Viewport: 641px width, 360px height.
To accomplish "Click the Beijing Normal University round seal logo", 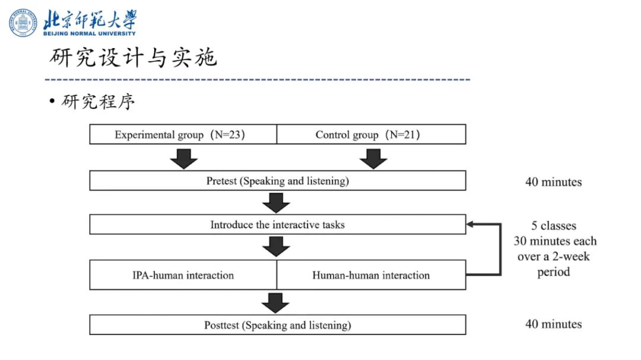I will pyautogui.click(x=23, y=23).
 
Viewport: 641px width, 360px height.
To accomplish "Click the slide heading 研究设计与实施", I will pyautogui.click(x=133, y=58).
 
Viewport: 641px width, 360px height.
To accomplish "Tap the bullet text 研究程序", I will pyautogui.click(x=99, y=102).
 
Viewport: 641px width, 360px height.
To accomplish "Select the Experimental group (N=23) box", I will pyautogui.click(x=183, y=135).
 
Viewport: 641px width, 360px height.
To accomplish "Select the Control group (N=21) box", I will pyautogui.click(x=371, y=135).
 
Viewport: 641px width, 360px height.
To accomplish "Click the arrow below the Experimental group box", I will pyautogui.click(x=183, y=158).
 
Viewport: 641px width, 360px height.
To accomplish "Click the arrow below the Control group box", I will pyautogui.click(x=373, y=158).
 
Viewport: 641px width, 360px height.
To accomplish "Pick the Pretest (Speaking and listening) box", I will pyautogui.click(x=277, y=181).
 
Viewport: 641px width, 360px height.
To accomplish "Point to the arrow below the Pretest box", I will pyautogui.click(x=276, y=202).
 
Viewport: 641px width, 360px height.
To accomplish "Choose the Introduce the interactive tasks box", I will pyautogui.click(x=277, y=225).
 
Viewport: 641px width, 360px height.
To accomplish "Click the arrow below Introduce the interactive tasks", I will pyautogui.click(x=276, y=246).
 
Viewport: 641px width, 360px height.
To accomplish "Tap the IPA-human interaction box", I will pyautogui.click(x=183, y=275).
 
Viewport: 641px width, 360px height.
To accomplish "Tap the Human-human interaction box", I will pyautogui.click(x=371, y=275).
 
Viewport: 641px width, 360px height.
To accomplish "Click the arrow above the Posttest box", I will pyautogui.click(x=276, y=302).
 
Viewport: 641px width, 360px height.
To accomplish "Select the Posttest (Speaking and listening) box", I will pyautogui.click(x=277, y=325).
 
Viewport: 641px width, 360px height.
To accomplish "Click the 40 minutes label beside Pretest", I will pyautogui.click(x=553, y=182).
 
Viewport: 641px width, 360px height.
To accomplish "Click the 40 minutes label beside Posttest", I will pyautogui.click(x=553, y=324).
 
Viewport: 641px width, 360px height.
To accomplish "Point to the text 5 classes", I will pyautogui.click(x=554, y=226).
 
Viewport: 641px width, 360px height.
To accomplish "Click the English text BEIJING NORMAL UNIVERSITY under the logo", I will pyautogui.click(x=89, y=33).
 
